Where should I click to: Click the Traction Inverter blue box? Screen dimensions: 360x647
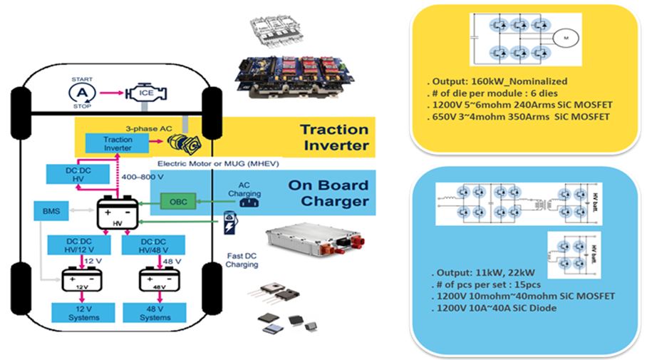coord(118,143)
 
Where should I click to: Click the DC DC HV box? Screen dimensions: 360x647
coord(69,175)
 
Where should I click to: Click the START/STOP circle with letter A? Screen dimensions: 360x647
coord(83,93)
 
